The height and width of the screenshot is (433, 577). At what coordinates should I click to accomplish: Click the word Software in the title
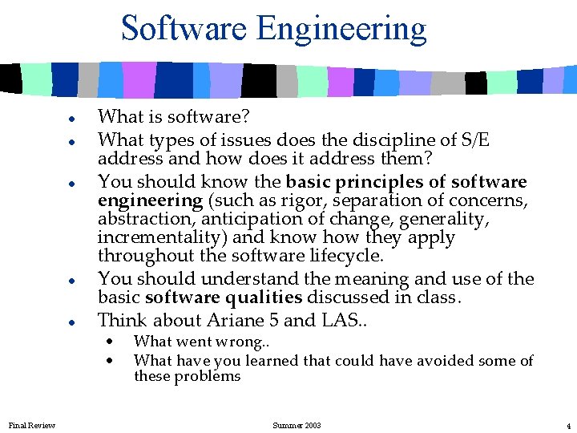tap(184, 29)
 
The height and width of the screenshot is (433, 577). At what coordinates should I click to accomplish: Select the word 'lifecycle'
tap(345, 257)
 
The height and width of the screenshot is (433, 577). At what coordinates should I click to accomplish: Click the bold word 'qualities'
tap(264, 297)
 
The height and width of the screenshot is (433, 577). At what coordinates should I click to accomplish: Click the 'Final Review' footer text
tap(32, 425)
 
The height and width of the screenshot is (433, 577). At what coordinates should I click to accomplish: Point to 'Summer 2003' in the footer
tap(297, 425)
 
